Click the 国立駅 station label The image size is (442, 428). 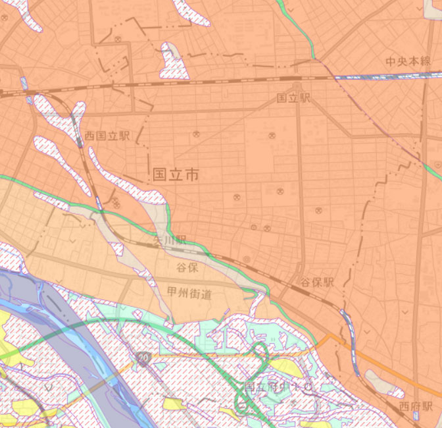293,98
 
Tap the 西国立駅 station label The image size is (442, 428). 107,136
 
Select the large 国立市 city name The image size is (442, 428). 175,174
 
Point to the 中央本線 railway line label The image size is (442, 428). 408,61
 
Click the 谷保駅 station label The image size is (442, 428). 318,282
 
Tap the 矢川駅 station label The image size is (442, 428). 170,242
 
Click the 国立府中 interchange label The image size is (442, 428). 276,387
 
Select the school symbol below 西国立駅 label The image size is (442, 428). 116,204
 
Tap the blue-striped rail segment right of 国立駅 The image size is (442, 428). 368,77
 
